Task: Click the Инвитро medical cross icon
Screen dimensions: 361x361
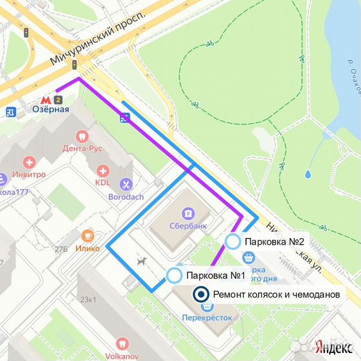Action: [x=29, y=162]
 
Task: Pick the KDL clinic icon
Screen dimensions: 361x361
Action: [x=102, y=170]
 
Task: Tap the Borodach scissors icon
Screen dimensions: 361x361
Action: [x=125, y=184]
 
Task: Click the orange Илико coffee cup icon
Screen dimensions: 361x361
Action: [x=88, y=235]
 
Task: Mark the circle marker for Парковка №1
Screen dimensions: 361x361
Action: [x=174, y=275]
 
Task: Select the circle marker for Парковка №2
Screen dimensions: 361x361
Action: [x=233, y=241]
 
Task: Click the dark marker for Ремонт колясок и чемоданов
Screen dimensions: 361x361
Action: [x=200, y=294]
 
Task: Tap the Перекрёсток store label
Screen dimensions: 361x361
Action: [x=207, y=318]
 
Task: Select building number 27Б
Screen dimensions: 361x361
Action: [x=62, y=249]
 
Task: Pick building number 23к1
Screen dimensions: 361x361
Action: [x=88, y=299]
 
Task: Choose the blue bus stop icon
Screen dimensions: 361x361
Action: [x=124, y=118]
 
